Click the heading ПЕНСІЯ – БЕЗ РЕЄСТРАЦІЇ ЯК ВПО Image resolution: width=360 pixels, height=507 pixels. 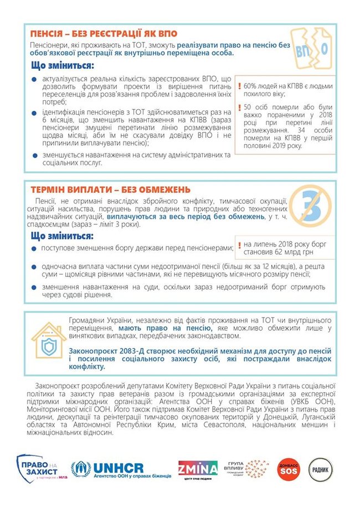click(x=105, y=33)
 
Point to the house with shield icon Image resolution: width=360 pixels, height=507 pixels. click(x=48, y=339)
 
